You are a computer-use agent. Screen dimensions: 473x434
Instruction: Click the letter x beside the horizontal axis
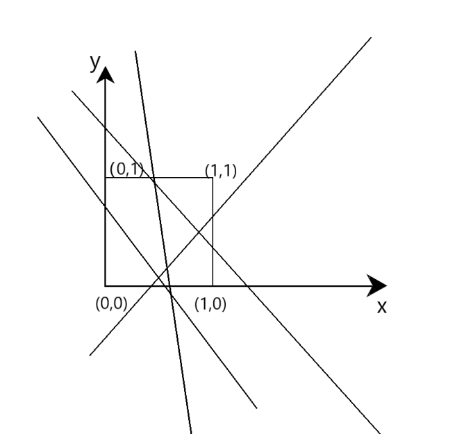coord(381,307)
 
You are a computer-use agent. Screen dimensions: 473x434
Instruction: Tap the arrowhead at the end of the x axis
coord(379,285)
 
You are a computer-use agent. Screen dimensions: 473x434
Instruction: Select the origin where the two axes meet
coord(106,285)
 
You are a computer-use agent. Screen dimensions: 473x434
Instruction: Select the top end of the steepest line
coord(135,51)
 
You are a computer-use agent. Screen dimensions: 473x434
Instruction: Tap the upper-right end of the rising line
coord(371,36)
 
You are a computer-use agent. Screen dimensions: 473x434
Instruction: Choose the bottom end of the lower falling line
coord(256,408)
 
